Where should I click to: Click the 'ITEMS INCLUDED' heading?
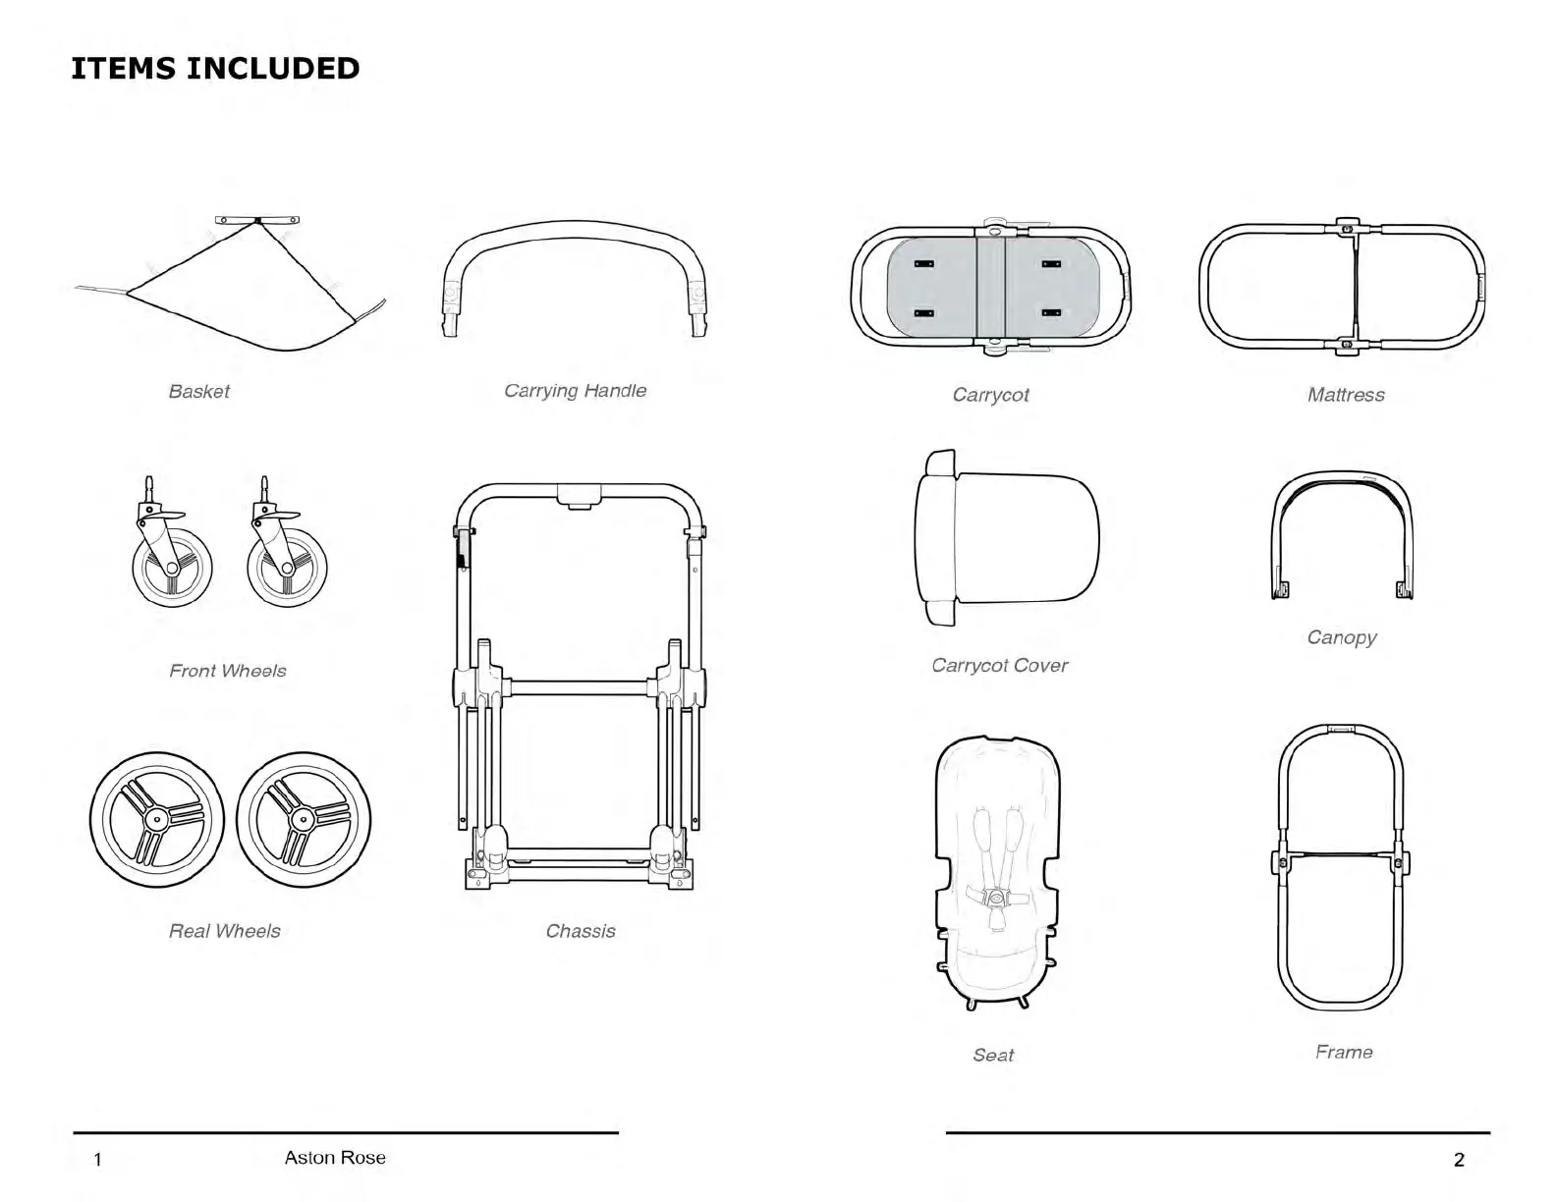point(215,68)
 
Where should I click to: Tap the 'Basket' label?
point(198,391)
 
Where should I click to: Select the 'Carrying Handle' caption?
point(575,390)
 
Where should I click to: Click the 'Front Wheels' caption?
point(227,671)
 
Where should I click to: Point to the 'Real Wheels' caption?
point(224,931)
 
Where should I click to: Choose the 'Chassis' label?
point(581,931)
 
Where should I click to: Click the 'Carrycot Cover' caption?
point(999,665)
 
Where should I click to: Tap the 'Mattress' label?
point(1345,395)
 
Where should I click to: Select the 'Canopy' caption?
point(1341,637)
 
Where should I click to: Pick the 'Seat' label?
point(992,1055)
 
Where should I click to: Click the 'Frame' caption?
point(1343,1052)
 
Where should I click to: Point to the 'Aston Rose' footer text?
point(335,1157)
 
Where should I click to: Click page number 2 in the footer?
point(1458,1160)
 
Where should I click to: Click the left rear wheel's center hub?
point(156,819)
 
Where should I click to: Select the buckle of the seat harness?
point(997,897)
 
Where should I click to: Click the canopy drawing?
point(1342,481)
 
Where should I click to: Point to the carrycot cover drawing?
point(1012,538)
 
